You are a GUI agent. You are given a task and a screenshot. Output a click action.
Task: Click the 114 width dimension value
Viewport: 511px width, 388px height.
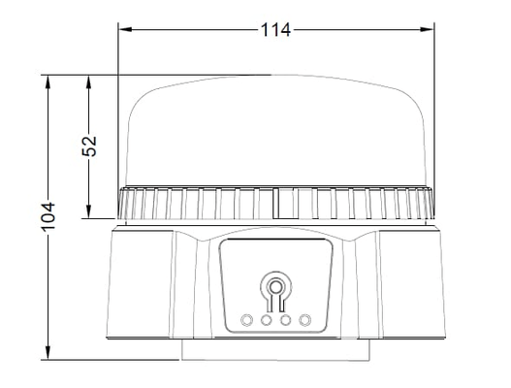[275, 30]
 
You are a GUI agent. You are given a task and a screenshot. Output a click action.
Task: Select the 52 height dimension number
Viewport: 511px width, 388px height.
[89, 145]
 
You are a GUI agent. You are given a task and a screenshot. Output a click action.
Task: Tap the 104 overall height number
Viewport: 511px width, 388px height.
[48, 217]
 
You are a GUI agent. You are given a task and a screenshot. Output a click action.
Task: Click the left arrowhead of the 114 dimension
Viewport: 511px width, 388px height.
[125, 29]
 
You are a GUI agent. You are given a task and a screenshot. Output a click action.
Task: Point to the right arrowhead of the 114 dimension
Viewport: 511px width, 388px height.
[427, 29]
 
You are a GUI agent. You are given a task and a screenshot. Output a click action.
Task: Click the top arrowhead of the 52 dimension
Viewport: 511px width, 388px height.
[88, 82]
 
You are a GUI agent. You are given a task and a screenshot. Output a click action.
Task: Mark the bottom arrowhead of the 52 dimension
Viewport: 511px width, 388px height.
[88, 211]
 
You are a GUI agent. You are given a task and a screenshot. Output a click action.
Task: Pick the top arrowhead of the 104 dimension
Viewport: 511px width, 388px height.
[48, 82]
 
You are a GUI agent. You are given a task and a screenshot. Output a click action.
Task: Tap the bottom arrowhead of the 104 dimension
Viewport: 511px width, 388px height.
[48, 353]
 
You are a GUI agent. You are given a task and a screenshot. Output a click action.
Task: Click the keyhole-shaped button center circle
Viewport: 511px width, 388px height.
[275, 287]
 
